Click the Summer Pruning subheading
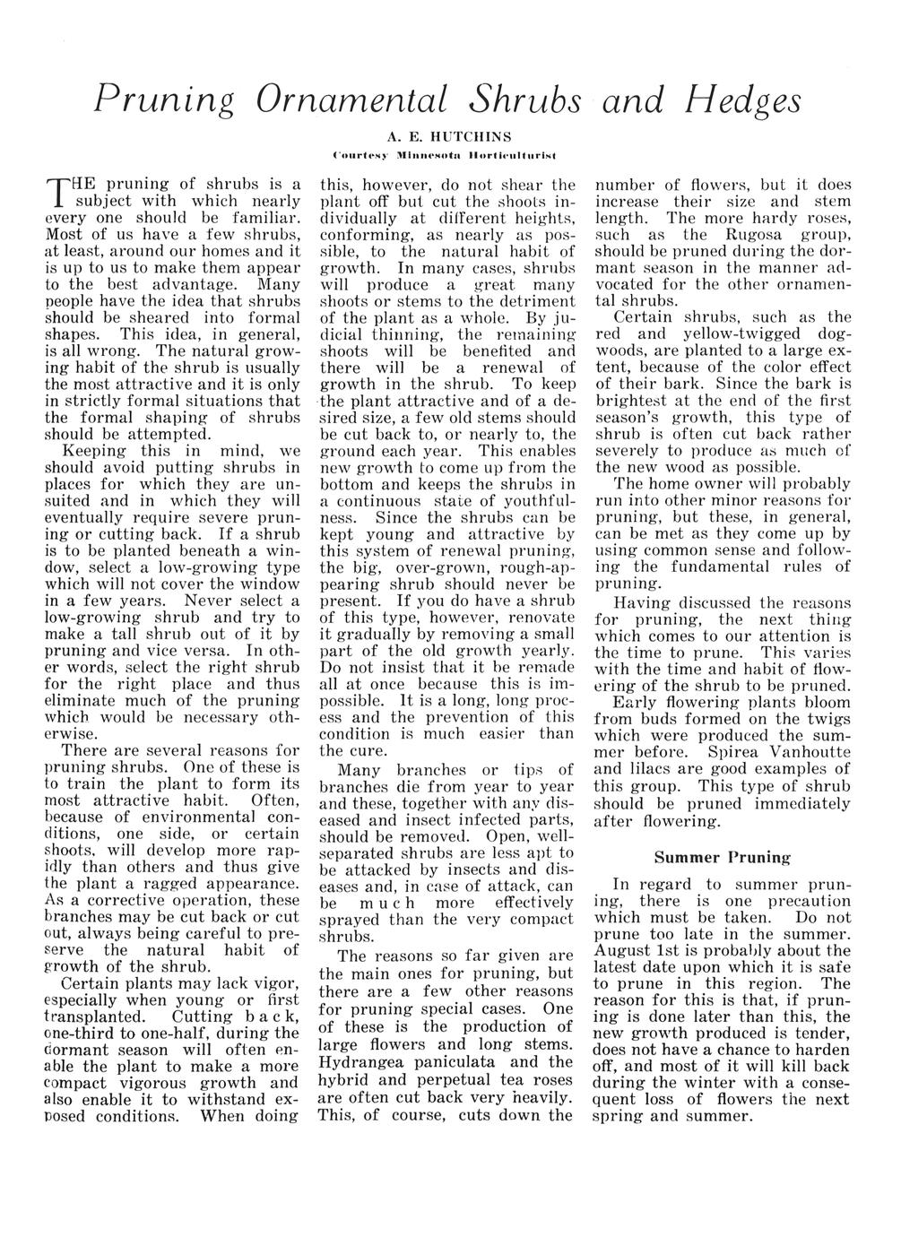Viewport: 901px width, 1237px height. [723, 857]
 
